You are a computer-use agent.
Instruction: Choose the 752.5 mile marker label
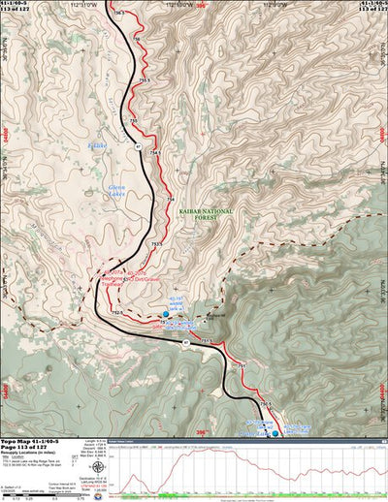coord(118,312)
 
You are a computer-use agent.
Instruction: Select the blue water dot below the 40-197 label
coord(166,314)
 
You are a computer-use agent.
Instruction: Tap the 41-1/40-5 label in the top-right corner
coord(369,4)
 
